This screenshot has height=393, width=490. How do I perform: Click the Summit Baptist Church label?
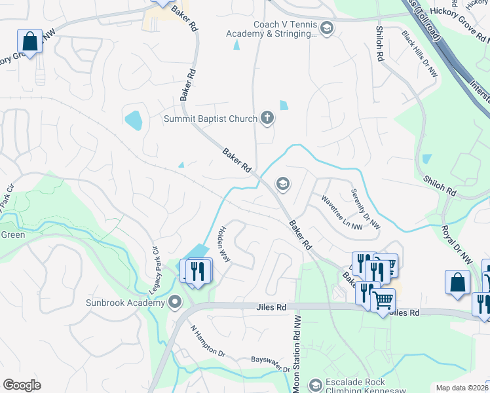(x=210, y=119)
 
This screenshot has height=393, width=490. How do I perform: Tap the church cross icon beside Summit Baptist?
(x=267, y=118)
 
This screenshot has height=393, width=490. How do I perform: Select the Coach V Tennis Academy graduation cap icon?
(x=326, y=28)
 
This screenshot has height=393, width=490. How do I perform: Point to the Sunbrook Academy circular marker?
(x=175, y=302)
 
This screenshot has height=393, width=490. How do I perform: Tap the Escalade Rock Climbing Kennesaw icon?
(x=315, y=384)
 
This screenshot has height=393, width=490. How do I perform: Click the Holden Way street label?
(x=224, y=244)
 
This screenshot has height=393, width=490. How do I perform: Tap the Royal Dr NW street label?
(x=457, y=246)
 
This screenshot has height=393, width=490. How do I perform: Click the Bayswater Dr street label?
(x=270, y=361)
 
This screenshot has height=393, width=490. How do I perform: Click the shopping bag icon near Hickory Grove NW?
(x=30, y=42)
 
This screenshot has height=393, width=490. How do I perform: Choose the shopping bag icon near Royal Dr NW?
(x=458, y=282)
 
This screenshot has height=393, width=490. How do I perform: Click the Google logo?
(x=22, y=384)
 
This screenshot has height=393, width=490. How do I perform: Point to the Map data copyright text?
(x=462, y=388)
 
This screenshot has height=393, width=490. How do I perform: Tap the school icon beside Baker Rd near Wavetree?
(x=283, y=183)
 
